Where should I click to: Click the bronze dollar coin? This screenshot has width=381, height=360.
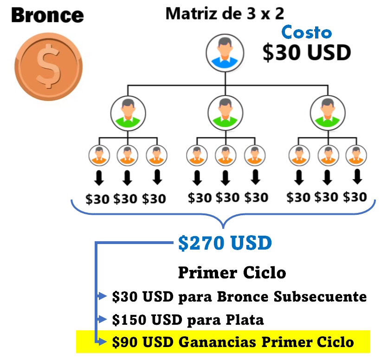coord(48,66)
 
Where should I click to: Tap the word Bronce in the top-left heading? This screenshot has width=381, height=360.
coord(47,15)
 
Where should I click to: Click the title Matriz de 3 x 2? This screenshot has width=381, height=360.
coord(224,13)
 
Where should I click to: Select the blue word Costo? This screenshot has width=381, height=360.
coord(307,32)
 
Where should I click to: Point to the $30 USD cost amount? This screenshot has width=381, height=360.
coord(306,52)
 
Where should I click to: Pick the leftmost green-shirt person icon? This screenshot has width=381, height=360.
coord(128,113)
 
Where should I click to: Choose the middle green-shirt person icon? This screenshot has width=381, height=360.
coord(225,113)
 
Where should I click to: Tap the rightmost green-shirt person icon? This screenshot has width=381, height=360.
coord(328,113)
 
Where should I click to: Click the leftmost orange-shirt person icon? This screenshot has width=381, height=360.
coord(99,155)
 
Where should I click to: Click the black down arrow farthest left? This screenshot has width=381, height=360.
coord(98,178)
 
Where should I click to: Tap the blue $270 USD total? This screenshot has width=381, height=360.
coord(225,243)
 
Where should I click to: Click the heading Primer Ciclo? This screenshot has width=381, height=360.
coord(232,272)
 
